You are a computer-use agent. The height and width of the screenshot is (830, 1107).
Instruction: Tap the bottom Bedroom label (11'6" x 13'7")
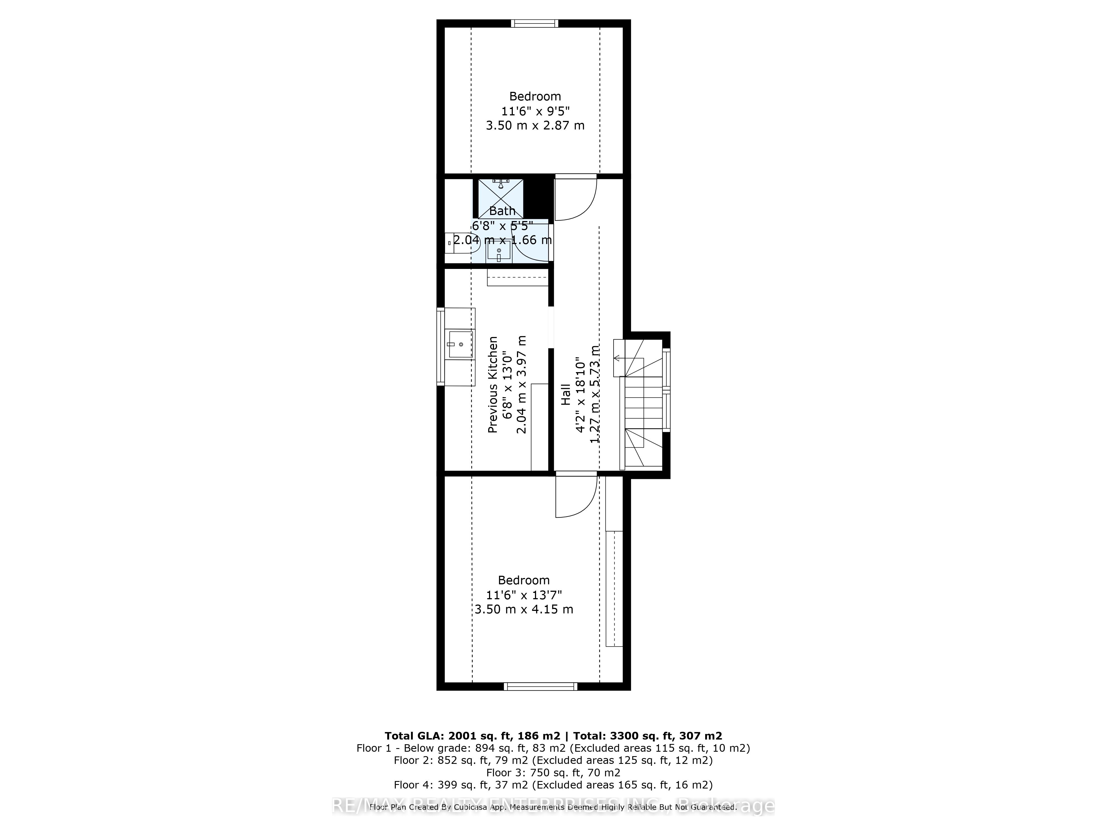[524, 580]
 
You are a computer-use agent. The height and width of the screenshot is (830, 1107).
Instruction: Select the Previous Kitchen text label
[493, 384]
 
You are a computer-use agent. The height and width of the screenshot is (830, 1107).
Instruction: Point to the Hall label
[565, 394]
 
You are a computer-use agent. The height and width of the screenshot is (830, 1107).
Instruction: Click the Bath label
[502, 211]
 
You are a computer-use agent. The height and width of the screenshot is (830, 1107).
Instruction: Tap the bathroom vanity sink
[498, 251]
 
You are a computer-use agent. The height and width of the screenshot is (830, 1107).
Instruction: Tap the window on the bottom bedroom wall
[540, 686]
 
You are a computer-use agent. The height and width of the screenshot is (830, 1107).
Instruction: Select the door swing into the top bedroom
[576, 198]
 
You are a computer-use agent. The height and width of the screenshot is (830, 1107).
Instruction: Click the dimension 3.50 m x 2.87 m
[535, 125]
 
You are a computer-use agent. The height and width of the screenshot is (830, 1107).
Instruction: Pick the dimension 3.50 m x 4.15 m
[524, 609]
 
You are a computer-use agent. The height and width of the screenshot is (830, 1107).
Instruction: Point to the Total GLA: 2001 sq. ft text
[473, 736]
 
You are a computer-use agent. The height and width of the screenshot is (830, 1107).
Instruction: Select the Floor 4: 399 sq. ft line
[553, 785]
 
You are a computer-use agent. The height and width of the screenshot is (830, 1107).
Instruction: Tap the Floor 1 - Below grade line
[553, 748]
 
